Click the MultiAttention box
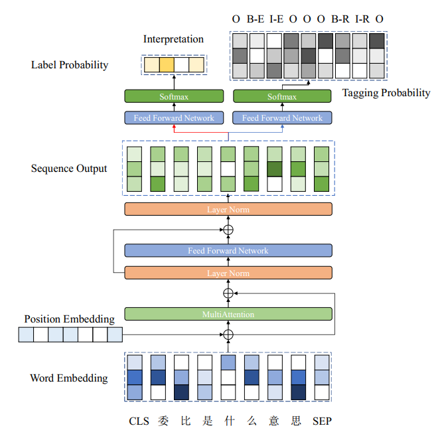[228, 314]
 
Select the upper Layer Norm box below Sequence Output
[228, 210]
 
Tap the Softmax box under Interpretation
[174, 97]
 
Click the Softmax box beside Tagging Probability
[282, 97]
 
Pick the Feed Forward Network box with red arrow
[174, 118]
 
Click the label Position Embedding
[69, 319]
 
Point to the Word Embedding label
[69, 378]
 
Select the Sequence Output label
[69, 169]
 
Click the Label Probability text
[70, 65]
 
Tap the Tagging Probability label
[386, 93]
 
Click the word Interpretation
[174, 39]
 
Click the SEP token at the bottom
[322, 421]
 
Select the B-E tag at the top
[256, 19]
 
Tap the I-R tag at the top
[361, 19]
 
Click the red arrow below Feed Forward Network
[174, 129]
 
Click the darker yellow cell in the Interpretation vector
[166, 64]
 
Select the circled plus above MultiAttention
[228, 293]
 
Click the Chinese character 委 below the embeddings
[163, 421]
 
